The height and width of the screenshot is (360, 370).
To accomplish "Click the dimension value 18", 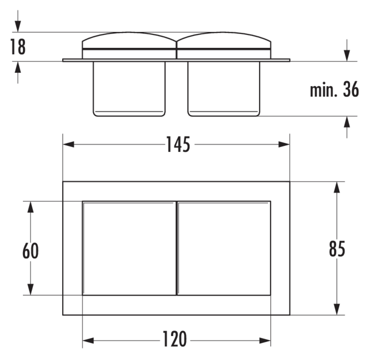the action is point(18,47).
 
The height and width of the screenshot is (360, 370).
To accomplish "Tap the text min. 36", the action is point(334,89).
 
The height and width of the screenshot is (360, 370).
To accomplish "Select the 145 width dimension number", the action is point(178,144).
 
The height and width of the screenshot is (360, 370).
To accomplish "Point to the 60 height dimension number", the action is point(30,251).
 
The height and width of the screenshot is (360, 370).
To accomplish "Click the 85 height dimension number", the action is point(337,249).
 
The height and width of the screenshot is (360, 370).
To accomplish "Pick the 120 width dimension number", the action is point(175,339).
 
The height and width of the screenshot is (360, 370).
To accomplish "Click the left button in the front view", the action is point(129,248).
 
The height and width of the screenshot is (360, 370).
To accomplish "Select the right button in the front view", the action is point(224,248).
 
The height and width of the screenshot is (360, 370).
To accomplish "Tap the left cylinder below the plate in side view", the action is point(129,89).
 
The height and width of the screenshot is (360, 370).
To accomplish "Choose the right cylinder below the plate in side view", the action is point(224,89).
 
